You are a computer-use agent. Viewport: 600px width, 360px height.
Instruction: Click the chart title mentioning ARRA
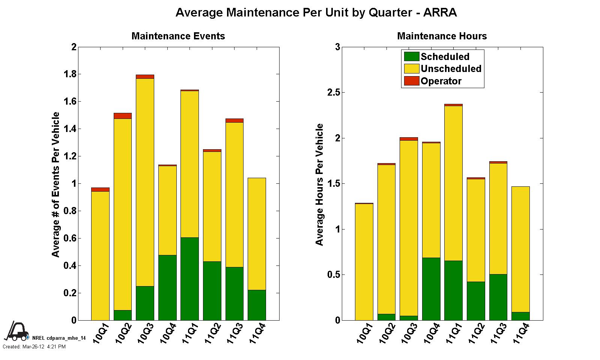316,13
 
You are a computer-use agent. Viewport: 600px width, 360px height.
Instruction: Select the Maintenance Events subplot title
178,36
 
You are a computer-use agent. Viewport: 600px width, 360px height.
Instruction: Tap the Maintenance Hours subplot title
442,36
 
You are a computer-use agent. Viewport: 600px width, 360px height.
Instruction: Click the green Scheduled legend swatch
411,57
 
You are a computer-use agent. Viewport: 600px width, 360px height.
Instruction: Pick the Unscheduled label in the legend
451,69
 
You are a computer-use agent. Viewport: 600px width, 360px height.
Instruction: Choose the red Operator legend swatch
411,81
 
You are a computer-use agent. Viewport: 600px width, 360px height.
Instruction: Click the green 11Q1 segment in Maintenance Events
189,279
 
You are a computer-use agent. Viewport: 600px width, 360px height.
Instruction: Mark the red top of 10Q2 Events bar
123,115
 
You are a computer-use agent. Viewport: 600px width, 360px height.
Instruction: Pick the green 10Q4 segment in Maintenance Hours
431,289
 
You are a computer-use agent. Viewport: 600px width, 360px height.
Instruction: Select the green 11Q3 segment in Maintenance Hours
498,297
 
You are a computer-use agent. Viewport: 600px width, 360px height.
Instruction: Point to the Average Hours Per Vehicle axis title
319,184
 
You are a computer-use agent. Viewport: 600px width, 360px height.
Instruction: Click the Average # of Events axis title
56,184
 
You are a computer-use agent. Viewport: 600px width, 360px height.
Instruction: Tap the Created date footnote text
34,347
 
